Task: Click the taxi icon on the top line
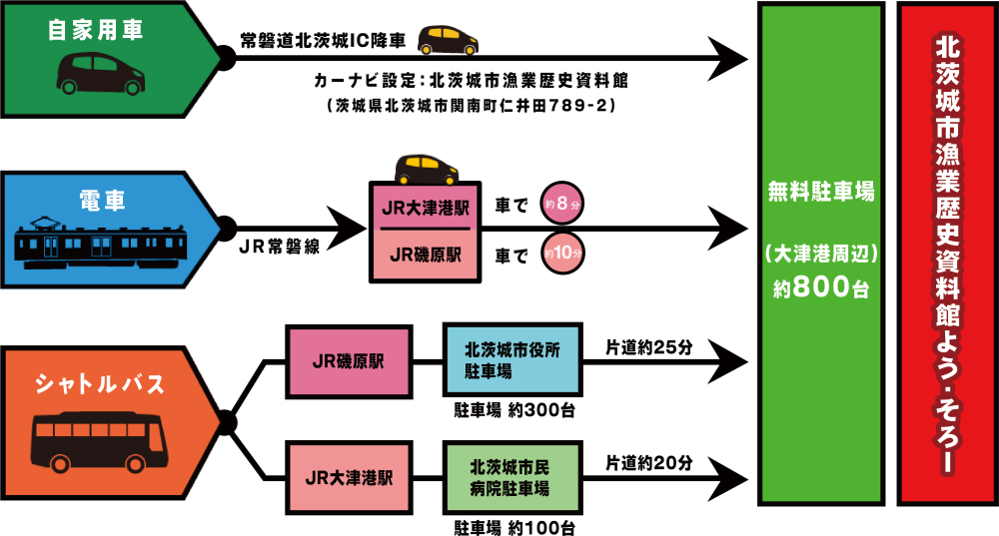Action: (447, 40)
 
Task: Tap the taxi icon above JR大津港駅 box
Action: (425, 169)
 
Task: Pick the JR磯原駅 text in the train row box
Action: (425, 255)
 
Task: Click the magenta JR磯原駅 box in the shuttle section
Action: (349, 361)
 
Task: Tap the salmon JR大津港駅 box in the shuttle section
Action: (349, 477)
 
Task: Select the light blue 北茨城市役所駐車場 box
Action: (510, 360)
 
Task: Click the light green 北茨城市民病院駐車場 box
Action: (510, 477)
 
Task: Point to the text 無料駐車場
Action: (821, 192)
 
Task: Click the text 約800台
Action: (821, 289)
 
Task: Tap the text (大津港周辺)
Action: (821, 256)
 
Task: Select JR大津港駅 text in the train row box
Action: (425, 209)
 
